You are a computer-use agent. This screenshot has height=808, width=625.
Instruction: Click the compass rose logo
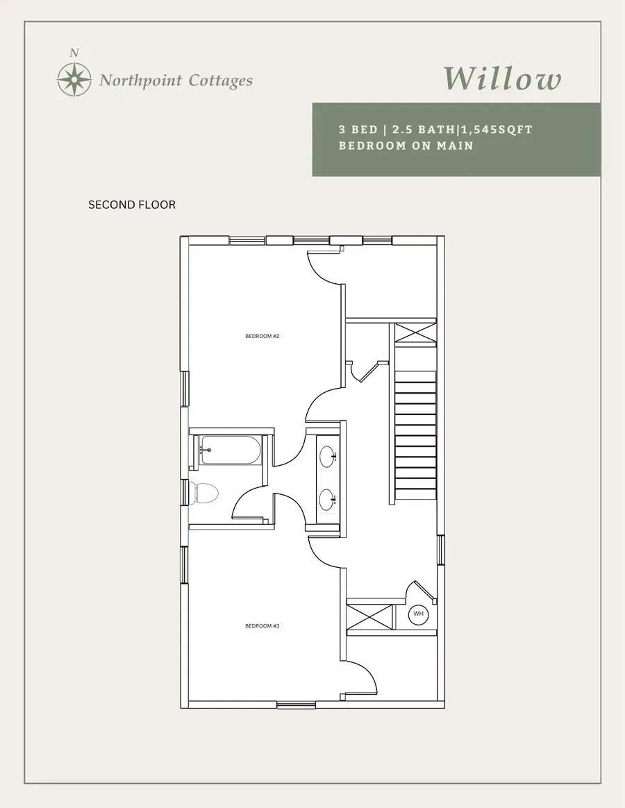(74, 79)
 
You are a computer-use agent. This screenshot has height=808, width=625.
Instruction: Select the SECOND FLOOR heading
(132, 205)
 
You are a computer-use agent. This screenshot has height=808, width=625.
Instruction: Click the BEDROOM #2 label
(262, 336)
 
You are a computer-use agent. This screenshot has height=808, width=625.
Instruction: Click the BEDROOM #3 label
(262, 626)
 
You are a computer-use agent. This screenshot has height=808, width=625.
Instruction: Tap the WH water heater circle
(419, 614)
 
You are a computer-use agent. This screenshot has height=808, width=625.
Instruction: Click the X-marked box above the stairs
(415, 333)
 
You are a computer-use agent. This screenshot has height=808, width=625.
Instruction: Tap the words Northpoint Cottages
(176, 81)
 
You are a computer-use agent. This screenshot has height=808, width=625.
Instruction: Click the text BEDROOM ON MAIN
(406, 146)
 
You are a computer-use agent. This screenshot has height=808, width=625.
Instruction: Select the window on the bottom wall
(297, 705)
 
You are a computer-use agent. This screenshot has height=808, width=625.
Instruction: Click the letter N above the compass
(74, 53)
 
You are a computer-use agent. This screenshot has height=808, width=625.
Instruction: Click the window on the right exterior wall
(440, 550)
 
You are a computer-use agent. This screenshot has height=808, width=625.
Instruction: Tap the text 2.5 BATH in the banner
(418, 130)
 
